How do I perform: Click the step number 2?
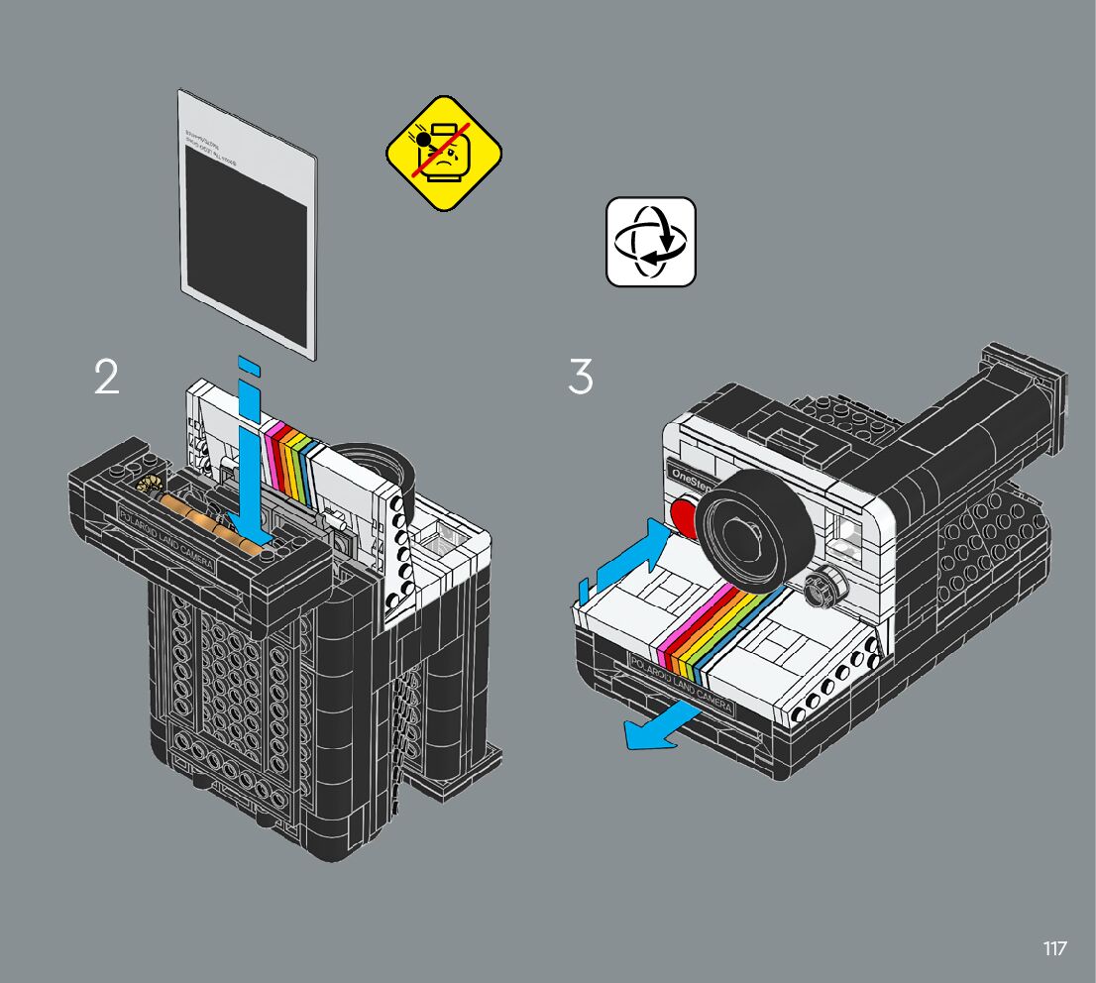(107, 377)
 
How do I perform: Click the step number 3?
(581, 377)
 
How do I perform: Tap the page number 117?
(1054, 948)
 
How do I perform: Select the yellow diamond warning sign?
(444, 153)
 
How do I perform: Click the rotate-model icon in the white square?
(651, 242)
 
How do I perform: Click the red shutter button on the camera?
(684, 514)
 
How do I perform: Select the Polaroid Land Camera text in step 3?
(682, 683)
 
